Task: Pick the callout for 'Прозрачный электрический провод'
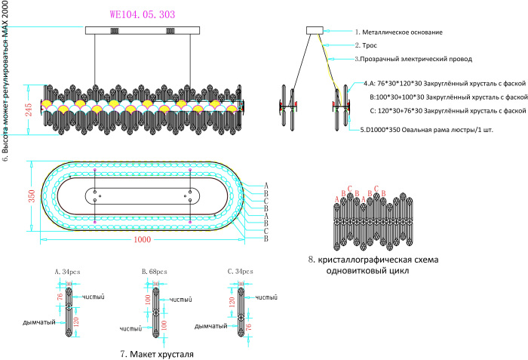(x=407, y=59)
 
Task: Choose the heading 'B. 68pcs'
(x=155, y=270)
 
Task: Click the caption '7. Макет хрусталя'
(x=157, y=353)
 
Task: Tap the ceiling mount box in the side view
(x=315, y=31)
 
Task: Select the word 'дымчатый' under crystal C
(x=212, y=326)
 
